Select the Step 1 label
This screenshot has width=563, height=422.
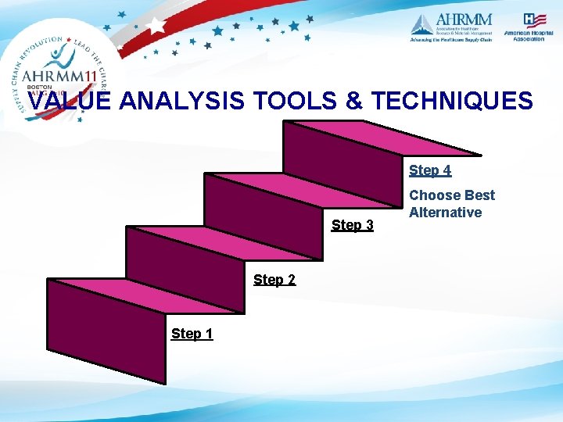(192, 334)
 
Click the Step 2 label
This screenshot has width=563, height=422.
(274, 279)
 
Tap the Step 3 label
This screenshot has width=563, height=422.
(353, 225)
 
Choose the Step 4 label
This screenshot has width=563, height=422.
(430, 170)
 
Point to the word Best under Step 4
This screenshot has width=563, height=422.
(479, 195)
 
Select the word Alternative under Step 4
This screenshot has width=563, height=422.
(446, 213)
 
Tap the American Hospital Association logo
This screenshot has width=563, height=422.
(528, 27)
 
